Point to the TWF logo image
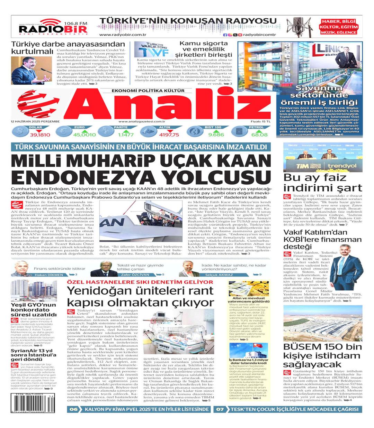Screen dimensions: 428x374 (151, 50)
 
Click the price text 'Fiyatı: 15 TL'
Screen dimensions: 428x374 (260, 121)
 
